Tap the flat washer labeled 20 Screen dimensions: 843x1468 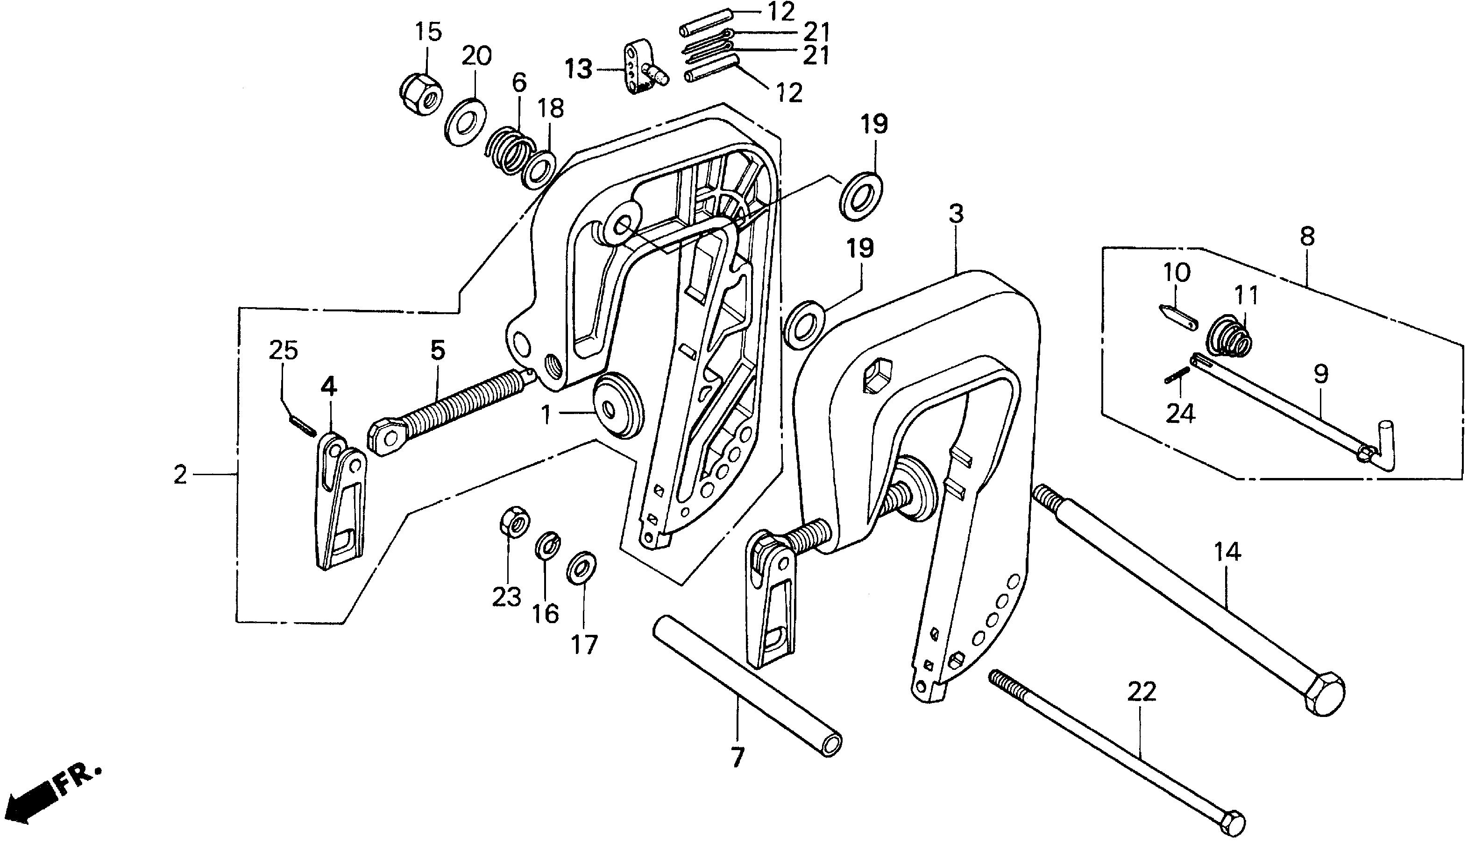click(466, 122)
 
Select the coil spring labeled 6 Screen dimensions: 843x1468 click(510, 152)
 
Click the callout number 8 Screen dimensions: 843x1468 click(1307, 237)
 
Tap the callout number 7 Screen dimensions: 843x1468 click(737, 757)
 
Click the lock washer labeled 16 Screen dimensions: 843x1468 click(547, 545)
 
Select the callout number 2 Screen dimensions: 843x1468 click(180, 475)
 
